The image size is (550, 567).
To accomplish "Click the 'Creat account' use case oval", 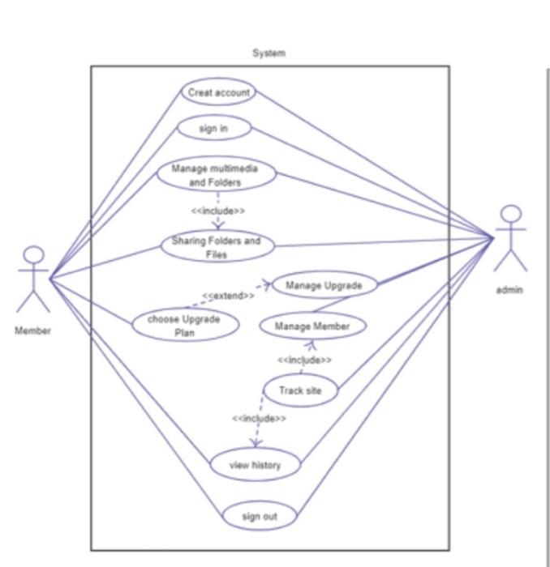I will point(218,92).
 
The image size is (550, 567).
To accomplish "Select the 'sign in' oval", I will point(213,128).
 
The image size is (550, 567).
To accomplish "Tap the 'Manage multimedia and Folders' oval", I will point(216,175).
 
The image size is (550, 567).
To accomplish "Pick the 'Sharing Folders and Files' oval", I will point(217,246).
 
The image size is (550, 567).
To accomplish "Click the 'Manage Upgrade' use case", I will point(324,285).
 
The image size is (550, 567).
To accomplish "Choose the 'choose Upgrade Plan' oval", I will point(186,325).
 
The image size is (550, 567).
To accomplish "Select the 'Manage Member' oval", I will point(312,326).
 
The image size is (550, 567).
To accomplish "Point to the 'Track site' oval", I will point(300,390).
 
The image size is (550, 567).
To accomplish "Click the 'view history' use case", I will point(256,465).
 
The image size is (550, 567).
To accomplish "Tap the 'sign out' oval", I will point(260,515).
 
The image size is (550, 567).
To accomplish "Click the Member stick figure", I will point(33,279).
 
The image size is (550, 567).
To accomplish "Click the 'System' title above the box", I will point(269,53).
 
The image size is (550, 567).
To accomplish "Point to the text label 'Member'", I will point(32,330).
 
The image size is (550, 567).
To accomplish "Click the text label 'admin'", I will point(510,290).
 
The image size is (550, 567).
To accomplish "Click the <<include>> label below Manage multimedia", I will point(218,211).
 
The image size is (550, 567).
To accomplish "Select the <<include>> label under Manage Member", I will point(304,359).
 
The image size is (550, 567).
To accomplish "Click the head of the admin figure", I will point(510,215).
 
